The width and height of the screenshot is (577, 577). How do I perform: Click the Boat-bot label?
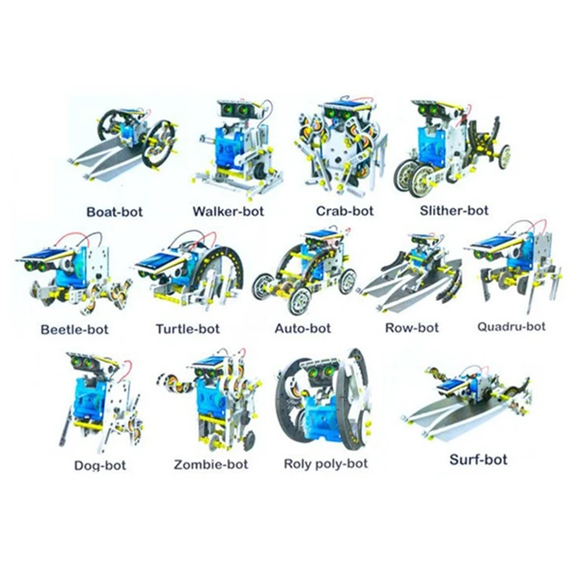(x=114, y=212)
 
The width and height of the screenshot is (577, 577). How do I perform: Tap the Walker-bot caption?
(x=228, y=211)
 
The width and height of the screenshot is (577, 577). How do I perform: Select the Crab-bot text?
(x=345, y=211)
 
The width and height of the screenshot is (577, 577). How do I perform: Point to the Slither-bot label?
(x=454, y=210)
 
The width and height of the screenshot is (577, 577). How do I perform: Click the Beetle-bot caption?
(x=74, y=329)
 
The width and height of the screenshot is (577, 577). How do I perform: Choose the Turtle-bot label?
(x=188, y=329)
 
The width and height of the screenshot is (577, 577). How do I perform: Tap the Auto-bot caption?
(x=303, y=328)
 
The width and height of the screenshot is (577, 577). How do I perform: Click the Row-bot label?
(x=412, y=328)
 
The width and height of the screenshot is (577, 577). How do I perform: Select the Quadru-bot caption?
(x=511, y=326)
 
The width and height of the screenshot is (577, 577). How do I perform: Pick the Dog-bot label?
(x=100, y=465)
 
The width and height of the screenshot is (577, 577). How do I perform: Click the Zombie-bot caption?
(x=211, y=464)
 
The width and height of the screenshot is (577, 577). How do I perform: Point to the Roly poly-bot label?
(x=326, y=464)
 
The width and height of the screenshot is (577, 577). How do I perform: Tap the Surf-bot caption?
(x=478, y=459)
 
